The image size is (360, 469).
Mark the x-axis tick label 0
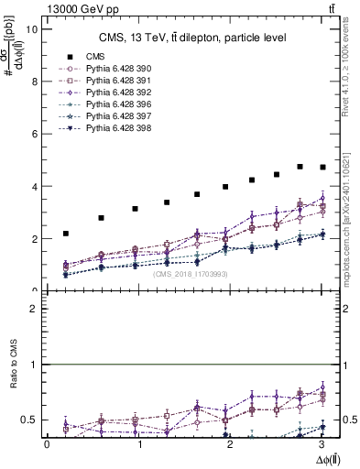pos(47,444)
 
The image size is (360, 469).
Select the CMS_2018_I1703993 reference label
pos(191,274)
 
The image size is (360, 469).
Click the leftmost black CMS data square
pos(65,234)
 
